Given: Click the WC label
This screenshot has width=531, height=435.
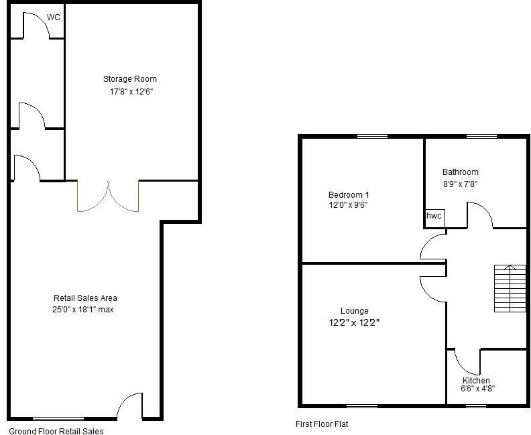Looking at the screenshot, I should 54,17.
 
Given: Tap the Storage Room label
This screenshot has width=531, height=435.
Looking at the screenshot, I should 134,79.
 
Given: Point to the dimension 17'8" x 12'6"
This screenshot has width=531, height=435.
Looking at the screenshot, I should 132,92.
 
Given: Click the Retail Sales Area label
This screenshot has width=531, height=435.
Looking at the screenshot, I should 86,298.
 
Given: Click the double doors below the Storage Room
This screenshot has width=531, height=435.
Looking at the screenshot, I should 108,196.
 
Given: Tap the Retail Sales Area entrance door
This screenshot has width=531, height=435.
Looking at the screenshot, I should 130,406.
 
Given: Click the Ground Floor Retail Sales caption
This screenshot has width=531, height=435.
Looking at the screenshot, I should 56,432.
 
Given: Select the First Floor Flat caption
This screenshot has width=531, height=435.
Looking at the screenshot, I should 322,424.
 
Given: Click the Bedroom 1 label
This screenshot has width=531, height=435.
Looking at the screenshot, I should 344,195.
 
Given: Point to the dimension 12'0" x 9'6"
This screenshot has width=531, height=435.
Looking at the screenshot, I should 344,206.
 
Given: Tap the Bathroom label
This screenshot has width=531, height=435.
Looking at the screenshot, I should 460,172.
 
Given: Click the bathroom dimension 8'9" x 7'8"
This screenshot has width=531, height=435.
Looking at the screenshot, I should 460,184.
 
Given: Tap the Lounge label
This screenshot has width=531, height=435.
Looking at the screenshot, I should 354,311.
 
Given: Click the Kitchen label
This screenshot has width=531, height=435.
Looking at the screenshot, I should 476,381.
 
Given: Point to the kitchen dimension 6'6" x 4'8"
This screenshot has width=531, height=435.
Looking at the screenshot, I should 477,389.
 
